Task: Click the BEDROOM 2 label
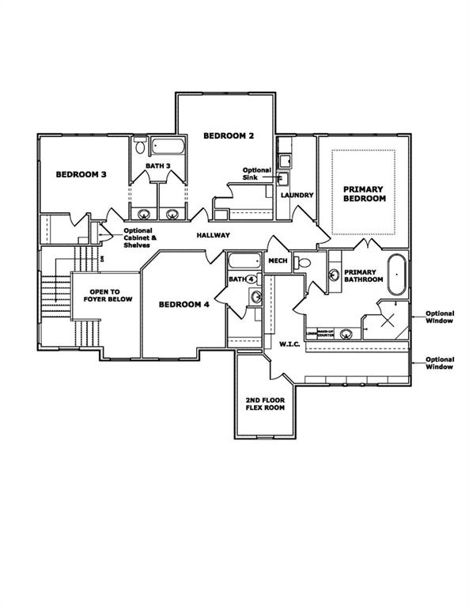point(229,135)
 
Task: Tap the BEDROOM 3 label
point(81,174)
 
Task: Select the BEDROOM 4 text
point(184,304)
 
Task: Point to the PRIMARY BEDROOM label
point(364,194)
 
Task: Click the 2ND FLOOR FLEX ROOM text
point(265,405)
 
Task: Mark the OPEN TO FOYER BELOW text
point(108,294)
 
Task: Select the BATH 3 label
point(157,165)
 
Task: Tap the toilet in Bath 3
point(139,146)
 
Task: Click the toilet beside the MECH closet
point(304,262)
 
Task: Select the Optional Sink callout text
point(257,175)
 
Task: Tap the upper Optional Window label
point(439,317)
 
